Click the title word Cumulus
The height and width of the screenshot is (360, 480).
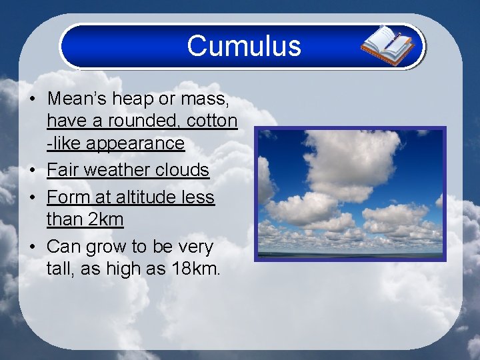(x=244, y=46)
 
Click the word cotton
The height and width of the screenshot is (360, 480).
(x=213, y=121)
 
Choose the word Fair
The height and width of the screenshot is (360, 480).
(x=62, y=170)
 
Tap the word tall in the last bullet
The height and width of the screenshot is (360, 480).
(x=58, y=269)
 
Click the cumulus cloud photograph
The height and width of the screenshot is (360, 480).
(x=351, y=193)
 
